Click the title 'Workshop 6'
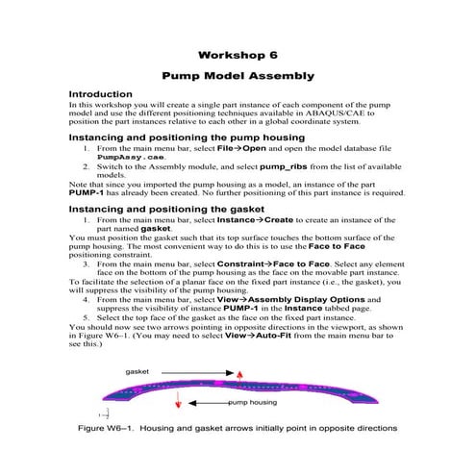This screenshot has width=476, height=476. [x=238, y=54]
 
